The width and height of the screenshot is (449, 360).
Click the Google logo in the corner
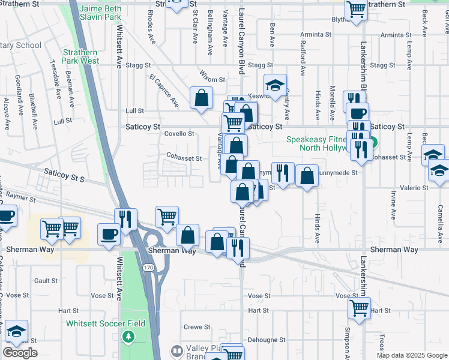[x=20, y=353]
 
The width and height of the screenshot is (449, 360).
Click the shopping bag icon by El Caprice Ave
[x=202, y=97]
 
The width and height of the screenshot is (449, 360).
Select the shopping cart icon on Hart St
[x=359, y=308]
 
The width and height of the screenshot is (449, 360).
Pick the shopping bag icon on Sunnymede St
[x=307, y=176]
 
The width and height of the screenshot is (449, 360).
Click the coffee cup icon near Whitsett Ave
[x=109, y=233]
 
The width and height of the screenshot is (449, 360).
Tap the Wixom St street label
[x=212, y=79]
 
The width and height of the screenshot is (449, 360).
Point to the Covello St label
[x=179, y=134]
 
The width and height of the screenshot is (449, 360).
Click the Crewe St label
[x=197, y=327]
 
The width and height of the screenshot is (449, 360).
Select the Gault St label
[x=46, y=280]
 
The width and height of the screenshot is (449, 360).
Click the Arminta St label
[x=312, y=35]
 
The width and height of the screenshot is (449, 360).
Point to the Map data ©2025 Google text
[x=412, y=355]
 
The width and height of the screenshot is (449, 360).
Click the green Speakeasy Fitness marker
[x=373, y=143]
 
